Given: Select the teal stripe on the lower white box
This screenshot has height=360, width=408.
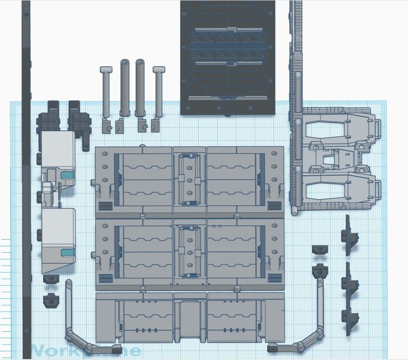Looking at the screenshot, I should [x=68, y=253].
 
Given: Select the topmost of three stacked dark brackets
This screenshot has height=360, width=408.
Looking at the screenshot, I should [x=350, y=236].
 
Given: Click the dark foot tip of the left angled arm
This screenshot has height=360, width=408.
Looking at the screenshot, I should [x=116, y=349].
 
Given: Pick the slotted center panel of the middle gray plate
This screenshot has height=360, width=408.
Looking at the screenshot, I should [x=190, y=252].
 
